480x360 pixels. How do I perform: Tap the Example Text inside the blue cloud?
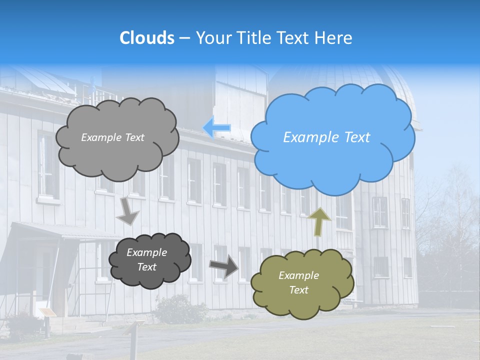pos(326,137)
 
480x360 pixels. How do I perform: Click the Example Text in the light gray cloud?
pos(112,137)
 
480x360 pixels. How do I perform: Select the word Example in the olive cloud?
pos(298,275)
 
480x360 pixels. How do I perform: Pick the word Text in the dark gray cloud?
pos(146,267)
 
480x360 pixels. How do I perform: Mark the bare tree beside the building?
pos(450,215)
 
